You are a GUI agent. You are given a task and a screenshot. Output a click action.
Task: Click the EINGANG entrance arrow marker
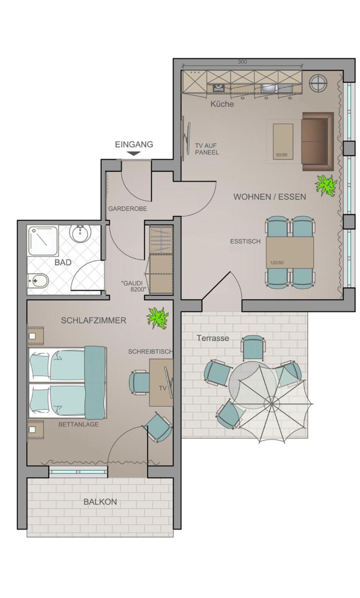134,153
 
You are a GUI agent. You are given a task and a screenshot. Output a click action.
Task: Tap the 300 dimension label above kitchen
242,62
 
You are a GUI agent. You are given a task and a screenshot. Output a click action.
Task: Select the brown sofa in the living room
318,141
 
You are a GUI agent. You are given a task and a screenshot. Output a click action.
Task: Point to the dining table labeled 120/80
290,252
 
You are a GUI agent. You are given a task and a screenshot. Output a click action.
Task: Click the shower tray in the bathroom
43,241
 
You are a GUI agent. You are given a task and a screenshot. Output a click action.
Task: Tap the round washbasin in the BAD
80,234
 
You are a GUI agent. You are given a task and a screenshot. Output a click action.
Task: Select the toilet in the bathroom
38,280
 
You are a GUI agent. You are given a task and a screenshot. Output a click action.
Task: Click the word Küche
222,104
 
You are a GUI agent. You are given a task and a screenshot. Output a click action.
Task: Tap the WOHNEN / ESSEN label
270,197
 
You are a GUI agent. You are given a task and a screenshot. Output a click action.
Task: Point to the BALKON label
100,502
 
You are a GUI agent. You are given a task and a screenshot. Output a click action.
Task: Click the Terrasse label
213,338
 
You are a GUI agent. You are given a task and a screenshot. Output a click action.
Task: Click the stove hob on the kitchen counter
219,88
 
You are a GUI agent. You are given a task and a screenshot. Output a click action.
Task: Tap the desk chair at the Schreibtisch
139,382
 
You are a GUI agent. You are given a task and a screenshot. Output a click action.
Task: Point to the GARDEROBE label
128,209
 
